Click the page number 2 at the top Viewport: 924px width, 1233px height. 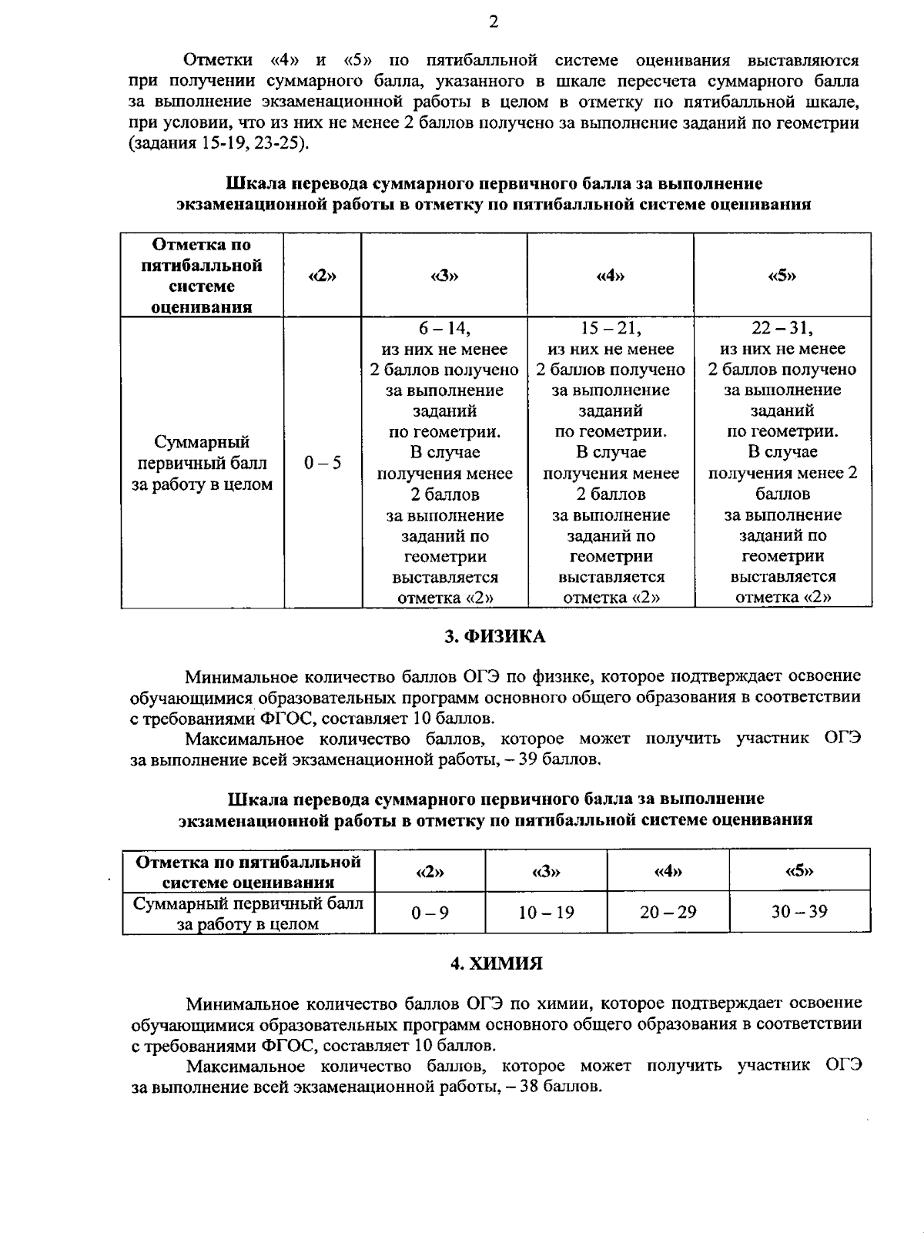click(494, 22)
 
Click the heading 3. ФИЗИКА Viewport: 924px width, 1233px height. click(495, 636)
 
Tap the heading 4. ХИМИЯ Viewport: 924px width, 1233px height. click(497, 963)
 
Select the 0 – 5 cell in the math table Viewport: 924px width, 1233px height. click(323, 463)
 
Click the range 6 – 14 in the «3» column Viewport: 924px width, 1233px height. click(444, 329)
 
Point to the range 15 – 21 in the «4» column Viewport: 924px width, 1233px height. click(611, 329)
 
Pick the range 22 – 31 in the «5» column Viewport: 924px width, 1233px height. click(782, 329)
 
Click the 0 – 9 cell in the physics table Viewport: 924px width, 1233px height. click(430, 913)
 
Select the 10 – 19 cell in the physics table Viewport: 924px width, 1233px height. click(546, 913)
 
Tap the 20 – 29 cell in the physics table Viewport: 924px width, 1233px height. click(668, 913)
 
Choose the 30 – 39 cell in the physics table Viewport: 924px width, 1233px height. click(799, 912)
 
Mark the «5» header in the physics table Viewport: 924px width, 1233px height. click(799, 871)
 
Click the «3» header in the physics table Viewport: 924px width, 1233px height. click(546, 872)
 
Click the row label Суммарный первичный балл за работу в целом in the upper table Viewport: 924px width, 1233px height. click(202, 463)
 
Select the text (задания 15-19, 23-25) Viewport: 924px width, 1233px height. click(218, 143)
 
